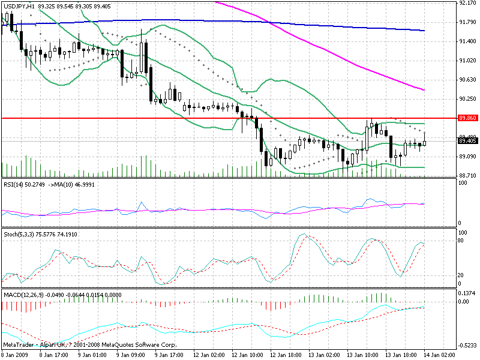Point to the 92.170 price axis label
click(x=467, y=3)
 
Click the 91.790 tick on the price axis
click(x=467, y=22)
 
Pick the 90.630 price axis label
click(x=467, y=80)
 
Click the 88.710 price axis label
click(x=467, y=175)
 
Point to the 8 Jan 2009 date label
click(x=16, y=355)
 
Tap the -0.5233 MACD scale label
click(x=467, y=346)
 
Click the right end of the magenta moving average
click(x=424, y=89)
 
